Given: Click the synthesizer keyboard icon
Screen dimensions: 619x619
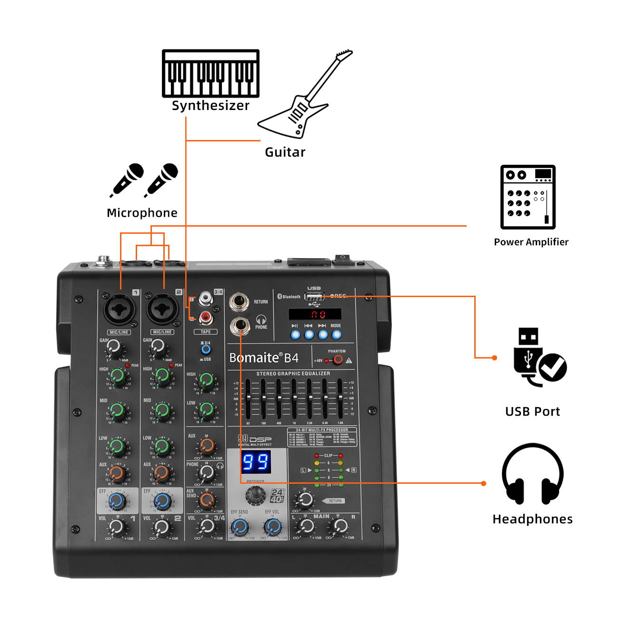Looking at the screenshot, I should tap(210, 74).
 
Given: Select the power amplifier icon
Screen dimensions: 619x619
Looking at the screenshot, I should tap(528, 197).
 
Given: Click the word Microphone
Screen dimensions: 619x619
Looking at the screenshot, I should tap(142, 213).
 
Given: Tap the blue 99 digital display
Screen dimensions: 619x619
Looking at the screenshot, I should tap(256, 462).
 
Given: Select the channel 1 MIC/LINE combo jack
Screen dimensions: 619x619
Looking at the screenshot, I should tap(119, 309).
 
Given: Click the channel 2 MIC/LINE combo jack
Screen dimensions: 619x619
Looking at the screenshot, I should tap(162, 309).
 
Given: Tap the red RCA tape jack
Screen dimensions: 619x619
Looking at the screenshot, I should tap(206, 317).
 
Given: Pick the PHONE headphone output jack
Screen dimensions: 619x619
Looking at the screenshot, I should tap(240, 326).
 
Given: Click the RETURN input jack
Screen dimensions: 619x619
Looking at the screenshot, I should tap(239, 302).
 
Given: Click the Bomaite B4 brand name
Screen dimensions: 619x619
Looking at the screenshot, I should tap(263, 358).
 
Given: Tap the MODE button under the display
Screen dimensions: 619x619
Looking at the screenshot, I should tap(336, 334).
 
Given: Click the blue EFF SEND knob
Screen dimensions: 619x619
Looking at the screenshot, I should tap(240, 527).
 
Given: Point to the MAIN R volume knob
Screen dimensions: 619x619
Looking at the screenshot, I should tap(339, 526).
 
